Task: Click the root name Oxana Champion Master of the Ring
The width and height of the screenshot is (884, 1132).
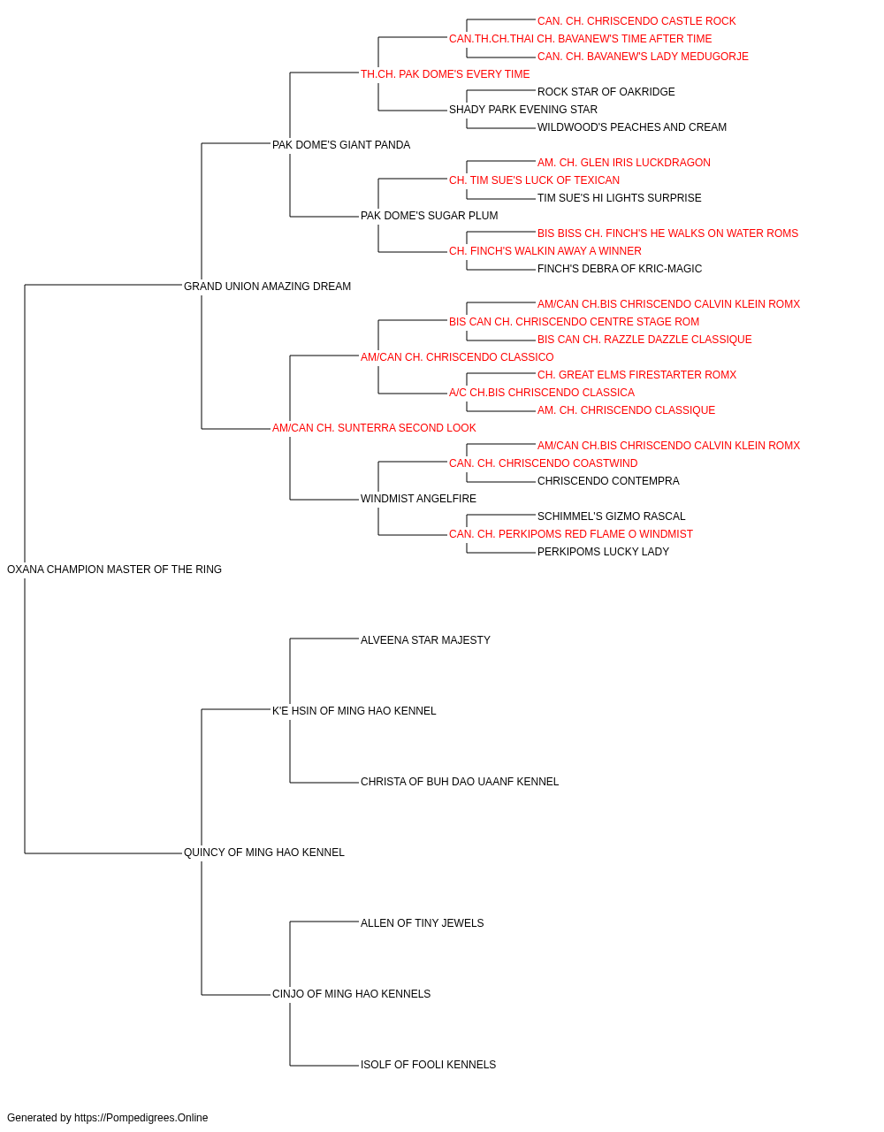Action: coord(114,569)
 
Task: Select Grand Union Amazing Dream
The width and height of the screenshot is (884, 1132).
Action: coord(267,286)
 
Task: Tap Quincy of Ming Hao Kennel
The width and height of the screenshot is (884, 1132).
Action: coord(264,853)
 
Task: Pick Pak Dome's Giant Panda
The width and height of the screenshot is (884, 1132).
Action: coord(341,145)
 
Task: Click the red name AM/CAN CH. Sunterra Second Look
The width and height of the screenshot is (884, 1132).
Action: coord(374,428)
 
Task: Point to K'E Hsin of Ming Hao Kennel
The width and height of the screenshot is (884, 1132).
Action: coord(354,710)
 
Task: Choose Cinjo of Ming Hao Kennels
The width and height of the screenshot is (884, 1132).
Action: coord(352,993)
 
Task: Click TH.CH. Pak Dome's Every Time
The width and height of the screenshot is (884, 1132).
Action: coord(446,74)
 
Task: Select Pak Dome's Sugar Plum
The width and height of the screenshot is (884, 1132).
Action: coord(429,215)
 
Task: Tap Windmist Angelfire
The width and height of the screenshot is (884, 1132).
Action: coord(418,499)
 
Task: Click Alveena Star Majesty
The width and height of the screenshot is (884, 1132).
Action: coord(425,639)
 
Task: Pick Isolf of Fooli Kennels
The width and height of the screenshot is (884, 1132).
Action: coord(428,1064)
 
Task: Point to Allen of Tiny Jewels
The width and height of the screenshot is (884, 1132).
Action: coord(423,922)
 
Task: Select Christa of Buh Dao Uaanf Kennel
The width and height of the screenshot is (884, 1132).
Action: coord(460,782)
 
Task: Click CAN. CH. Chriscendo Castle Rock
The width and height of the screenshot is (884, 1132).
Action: coord(636,21)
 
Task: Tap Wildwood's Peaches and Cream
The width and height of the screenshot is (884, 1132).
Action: coord(631,127)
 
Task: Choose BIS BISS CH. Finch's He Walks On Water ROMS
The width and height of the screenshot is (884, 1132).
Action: coord(667,233)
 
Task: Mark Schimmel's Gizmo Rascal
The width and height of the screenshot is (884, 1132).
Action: coord(611,516)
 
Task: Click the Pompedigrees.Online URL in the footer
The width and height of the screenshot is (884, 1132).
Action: coord(141,1118)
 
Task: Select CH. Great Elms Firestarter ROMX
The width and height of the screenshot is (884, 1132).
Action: coord(636,375)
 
